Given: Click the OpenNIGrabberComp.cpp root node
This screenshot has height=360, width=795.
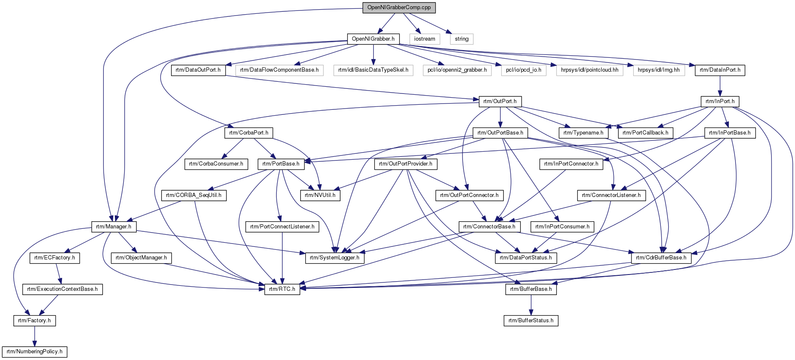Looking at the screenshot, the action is (x=399, y=8).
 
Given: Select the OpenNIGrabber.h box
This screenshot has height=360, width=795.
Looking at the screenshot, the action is (x=373, y=39).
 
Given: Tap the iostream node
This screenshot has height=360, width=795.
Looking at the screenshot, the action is (x=425, y=39).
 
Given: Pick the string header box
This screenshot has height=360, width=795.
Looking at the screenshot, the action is (x=462, y=39).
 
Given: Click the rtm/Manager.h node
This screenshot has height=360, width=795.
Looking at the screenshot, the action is (x=114, y=227).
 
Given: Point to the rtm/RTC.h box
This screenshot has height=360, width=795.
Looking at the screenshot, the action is (x=282, y=289).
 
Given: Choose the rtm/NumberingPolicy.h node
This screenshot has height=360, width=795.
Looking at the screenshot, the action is (x=34, y=352).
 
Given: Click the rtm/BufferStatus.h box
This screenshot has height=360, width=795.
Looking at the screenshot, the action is (x=531, y=321).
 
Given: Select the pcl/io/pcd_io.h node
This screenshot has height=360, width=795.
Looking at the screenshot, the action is (x=524, y=70).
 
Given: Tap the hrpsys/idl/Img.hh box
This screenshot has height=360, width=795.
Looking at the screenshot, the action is (x=659, y=70).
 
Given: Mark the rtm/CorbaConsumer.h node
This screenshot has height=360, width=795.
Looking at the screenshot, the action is (x=216, y=164).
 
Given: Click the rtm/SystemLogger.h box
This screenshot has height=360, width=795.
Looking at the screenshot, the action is (x=335, y=258).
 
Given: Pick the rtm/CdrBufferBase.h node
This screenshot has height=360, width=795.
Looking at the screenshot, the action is (x=661, y=258).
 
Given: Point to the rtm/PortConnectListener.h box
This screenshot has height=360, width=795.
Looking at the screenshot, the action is (x=282, y=227).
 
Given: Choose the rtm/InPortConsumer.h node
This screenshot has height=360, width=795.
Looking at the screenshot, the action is (x=562, y=227).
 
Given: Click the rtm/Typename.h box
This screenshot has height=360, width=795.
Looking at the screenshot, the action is (x=583, y=133).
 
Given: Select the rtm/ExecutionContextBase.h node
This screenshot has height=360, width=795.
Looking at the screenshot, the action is (x=62, y=289).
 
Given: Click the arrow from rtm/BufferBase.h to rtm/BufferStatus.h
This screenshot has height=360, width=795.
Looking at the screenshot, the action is (x=531, y=305).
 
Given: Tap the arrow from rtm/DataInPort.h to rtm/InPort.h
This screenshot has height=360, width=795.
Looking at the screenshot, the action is (x=720, y=85).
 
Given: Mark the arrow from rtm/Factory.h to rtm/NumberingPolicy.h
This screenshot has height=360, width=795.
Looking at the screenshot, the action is (x=34, y=336).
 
